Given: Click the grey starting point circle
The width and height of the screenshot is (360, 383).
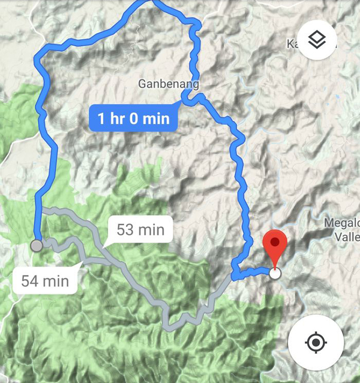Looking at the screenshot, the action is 37,245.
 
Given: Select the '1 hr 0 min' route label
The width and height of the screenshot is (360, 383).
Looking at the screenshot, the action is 134,118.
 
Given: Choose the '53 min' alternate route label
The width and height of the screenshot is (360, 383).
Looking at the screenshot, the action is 141,229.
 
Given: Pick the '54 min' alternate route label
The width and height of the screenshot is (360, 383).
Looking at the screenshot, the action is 45,280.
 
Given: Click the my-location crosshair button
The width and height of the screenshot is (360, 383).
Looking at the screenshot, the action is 315,343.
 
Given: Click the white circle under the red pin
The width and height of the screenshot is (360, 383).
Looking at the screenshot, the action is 275,274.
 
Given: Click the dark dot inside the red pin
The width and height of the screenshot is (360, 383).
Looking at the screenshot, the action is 275,241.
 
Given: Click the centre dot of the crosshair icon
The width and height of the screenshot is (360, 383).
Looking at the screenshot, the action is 315,343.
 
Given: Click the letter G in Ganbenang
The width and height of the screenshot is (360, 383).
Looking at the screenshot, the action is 142,83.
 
